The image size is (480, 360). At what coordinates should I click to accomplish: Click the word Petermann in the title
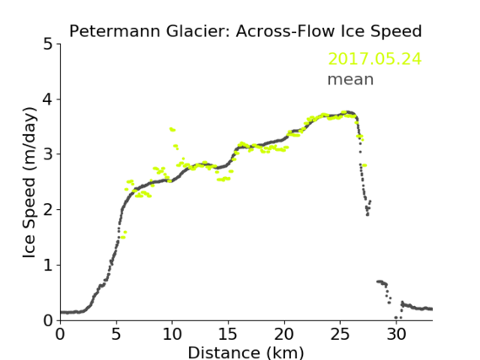pyautogui.click(x=115, y=31)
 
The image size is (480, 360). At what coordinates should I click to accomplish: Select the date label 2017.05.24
pyautogui.click(x=375, y=59)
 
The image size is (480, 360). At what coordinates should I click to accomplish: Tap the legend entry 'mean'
pyautogui.click(x=351, y=79)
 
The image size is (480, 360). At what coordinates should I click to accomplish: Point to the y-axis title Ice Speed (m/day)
pyautogui.click(x=30, y=183)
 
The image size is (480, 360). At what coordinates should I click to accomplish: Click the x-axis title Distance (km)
pyautogui.click(x=245, y=352)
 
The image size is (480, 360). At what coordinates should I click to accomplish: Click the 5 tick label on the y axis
pyautogui.click(x=48, y=45)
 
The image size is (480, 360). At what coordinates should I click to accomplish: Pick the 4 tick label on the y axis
pyautogui.click(x=48, y=99)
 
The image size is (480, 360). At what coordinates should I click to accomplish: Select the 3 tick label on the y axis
pyautogui.click(x=48, y=154)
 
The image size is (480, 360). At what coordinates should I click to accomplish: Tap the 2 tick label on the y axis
pyautogui.click(x=48, y=210)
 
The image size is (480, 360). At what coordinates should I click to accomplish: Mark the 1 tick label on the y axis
pyautogui.click(x=48, y=266)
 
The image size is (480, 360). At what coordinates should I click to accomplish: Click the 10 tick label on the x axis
pyautogui.click(x=172, y=335)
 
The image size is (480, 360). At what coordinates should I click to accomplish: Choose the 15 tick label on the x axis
pyautogui.click(x=228, y=335)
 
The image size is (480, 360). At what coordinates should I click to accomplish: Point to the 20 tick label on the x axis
pyautogui.click(x=284, y=335)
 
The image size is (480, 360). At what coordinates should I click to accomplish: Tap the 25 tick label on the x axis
pyautogui.click(x=340, y=335)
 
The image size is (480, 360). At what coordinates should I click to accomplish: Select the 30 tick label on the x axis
pyautogui.click(x=396, y=335)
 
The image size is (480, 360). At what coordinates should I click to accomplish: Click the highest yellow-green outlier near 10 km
pyautogui.click(x=172, y=130)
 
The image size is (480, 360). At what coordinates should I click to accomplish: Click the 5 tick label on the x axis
pyautogui.click(x=116, y=335)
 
